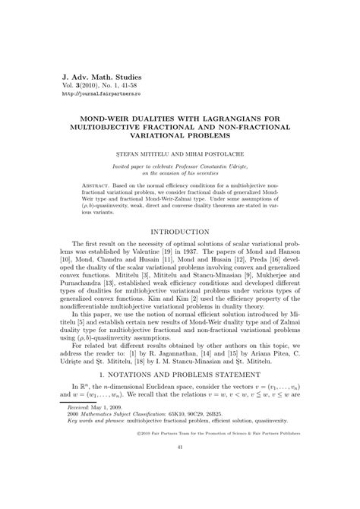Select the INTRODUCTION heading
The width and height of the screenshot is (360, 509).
(180, 231)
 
